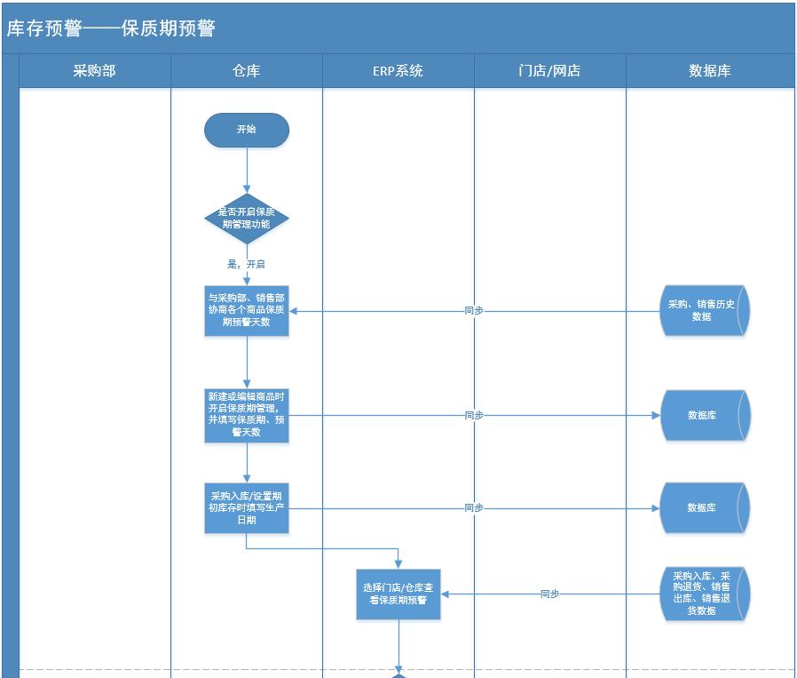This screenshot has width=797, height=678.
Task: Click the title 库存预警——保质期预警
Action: click(111, 28)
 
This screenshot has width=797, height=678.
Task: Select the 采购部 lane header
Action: click(94, 71)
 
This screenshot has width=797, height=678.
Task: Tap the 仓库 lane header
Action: click(246, 71)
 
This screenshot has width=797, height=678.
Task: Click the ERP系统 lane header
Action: click(398, 71)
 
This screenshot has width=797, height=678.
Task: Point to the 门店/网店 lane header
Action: click(549, 71)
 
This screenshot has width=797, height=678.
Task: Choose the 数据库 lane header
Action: click(709, 71)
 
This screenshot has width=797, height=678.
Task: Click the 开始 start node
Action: click(247, 130)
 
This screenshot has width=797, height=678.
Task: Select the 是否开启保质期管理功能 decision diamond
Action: click(247, 219)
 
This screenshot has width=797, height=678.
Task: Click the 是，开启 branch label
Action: click(247, 265)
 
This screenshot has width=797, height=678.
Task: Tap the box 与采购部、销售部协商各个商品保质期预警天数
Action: click(247, 310)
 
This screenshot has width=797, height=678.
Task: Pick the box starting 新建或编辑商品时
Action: click(247, 414)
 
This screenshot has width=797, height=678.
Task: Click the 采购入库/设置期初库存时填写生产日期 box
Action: click(247, 507)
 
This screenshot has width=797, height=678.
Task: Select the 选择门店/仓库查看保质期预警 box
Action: click(398, 594)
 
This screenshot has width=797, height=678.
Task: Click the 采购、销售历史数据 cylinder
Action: click(704, 310)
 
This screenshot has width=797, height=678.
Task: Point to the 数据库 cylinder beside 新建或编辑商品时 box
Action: click(704, 415)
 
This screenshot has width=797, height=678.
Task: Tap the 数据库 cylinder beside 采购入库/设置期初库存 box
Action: click(704, 507)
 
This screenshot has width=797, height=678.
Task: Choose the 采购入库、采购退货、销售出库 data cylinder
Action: click(704, 594)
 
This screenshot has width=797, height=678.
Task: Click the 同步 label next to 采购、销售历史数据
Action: click(474, 311)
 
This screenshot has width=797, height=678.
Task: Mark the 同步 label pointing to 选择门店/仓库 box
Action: click(550, 594)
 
